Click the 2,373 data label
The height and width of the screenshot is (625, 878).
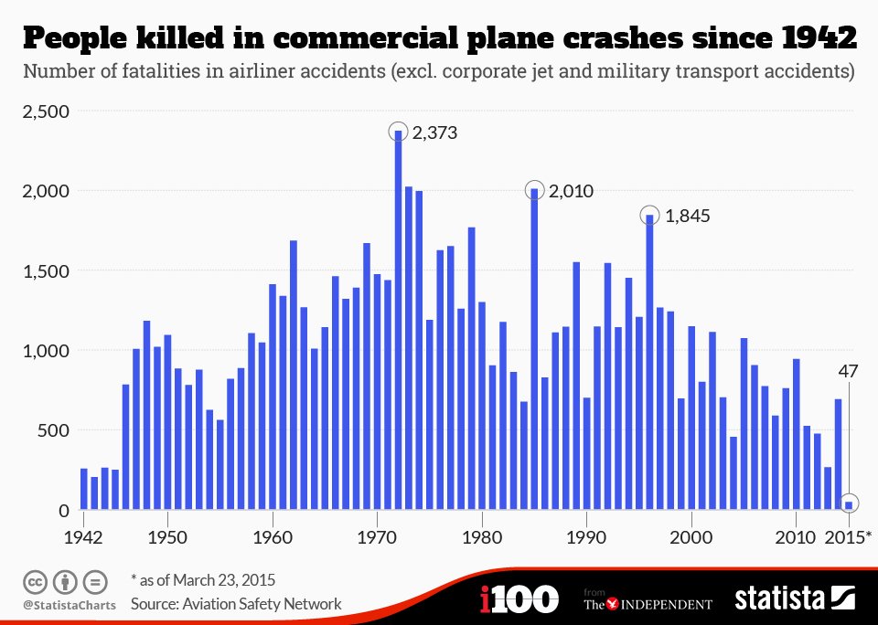(x=434, y=133)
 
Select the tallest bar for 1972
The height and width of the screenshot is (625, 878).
(x=399, y=320)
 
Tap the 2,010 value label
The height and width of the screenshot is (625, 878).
(x=571, y=191)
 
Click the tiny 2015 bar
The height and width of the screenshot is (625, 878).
(x=849, y=505)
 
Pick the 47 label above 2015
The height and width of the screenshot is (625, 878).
(x=849, y=371)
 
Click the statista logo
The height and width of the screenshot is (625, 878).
(x=794, y=599)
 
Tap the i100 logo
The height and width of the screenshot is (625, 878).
(x=519, y=599)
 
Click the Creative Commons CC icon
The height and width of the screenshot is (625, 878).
(x=36, y=581)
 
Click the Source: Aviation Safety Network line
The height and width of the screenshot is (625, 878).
(x=236, y=604)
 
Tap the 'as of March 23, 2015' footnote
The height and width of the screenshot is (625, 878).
(x=203, y=580)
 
